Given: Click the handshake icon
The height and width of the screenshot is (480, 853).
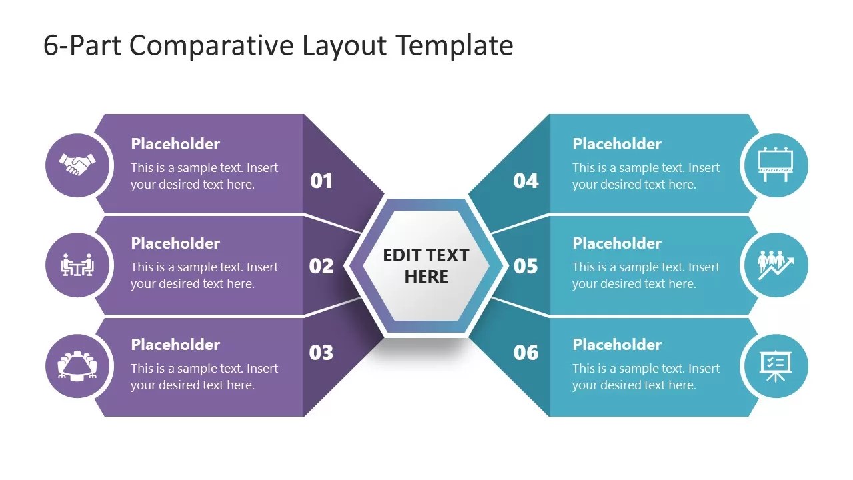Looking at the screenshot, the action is click(77, 165).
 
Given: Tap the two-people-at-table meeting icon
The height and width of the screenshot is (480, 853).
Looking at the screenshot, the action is click(77, 265).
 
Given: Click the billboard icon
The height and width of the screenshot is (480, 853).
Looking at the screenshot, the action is click(776, 165).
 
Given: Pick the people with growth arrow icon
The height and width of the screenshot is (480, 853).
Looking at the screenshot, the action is click(776, 265).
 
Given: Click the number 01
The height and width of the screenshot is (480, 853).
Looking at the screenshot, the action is click(321, 181).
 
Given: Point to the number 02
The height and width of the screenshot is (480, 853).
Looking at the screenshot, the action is click(321, 266).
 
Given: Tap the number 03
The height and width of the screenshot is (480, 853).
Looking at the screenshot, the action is click(321, 353).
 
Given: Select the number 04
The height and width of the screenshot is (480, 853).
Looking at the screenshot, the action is click(526, 181).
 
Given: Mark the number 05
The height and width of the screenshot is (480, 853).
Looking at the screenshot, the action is click(526, 266).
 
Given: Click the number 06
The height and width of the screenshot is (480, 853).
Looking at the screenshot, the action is click(526, 353).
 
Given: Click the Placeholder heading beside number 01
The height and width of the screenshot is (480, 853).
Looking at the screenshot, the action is click(175, 144).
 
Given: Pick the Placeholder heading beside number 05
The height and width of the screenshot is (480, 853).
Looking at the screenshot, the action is click(617, 243).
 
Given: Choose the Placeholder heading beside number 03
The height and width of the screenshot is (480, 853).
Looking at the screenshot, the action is click(175, 345).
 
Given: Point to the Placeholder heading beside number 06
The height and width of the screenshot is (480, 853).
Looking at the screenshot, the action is click(617, 345).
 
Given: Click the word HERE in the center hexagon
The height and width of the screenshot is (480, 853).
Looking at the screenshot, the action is click(426, 277).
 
